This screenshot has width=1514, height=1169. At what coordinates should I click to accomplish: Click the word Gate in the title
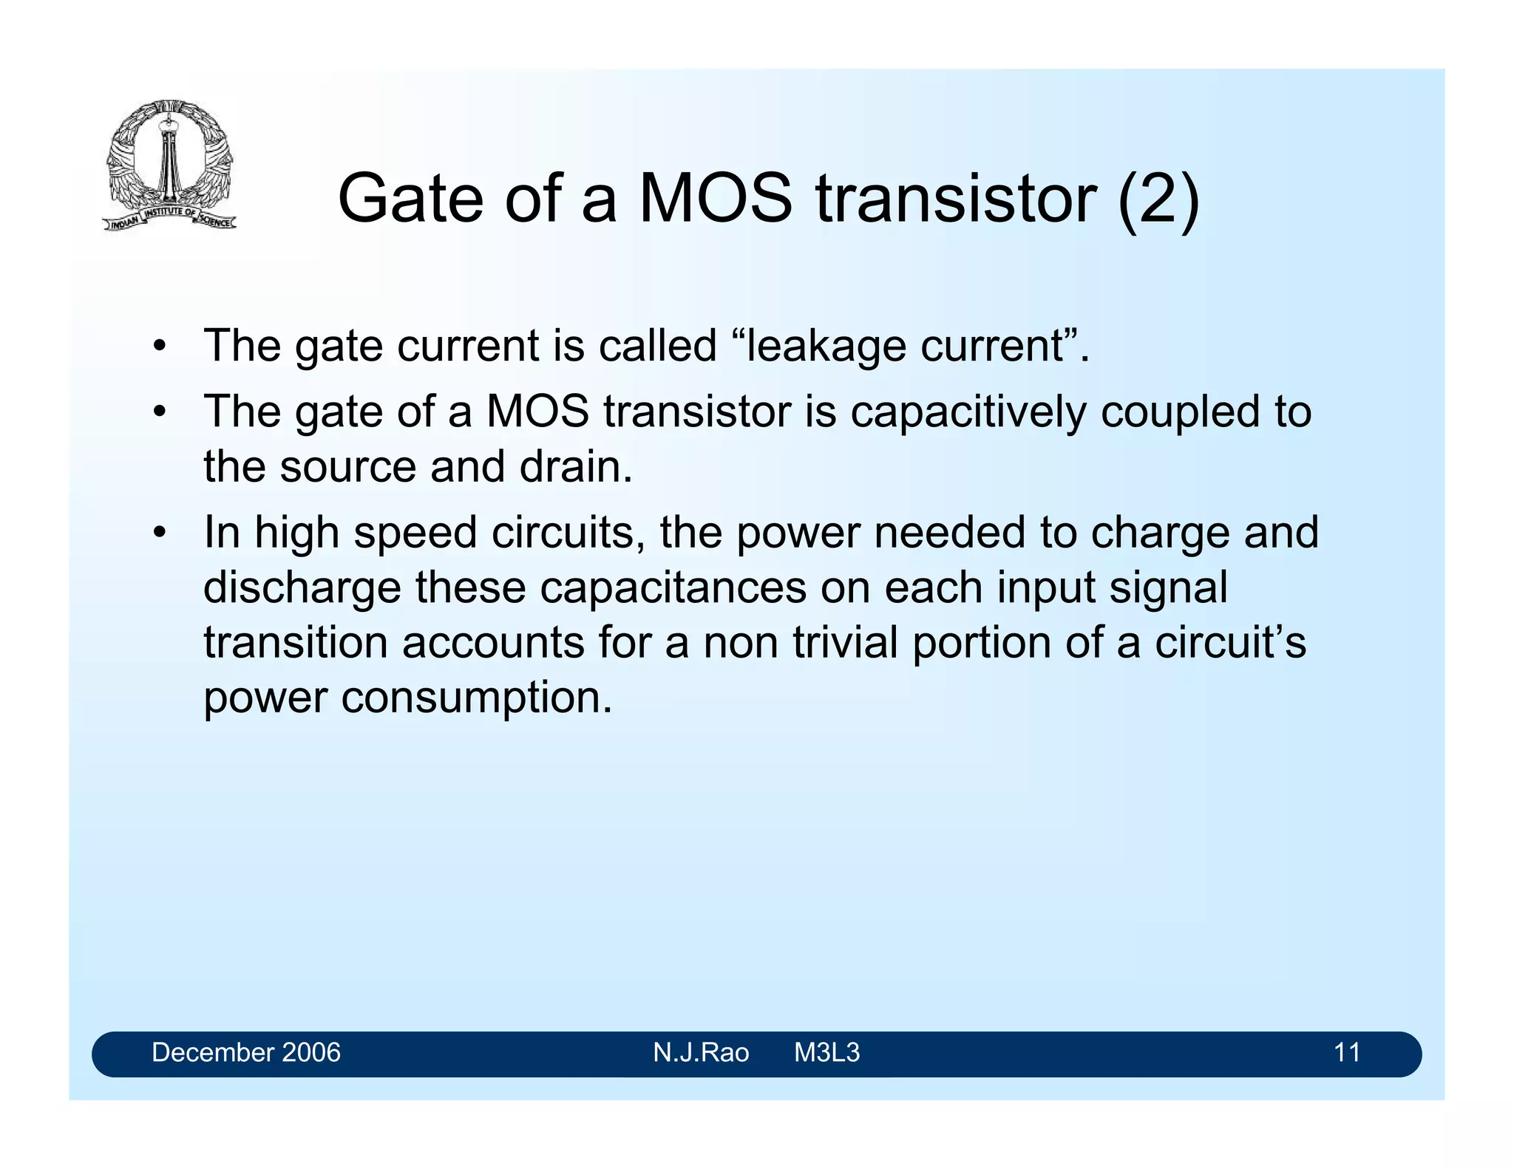[410, 199]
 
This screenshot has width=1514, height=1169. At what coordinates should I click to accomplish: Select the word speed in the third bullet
[415, 534]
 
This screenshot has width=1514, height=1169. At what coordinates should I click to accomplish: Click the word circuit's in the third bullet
[1230, 642]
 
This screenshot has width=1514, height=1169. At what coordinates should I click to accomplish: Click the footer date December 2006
[246, 1052]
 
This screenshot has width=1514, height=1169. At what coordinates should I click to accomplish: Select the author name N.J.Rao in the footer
[701, 1052]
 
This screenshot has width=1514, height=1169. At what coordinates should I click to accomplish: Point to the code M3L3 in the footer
[826, 1052]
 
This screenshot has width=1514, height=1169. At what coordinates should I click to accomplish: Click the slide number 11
[1347, 1052]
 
